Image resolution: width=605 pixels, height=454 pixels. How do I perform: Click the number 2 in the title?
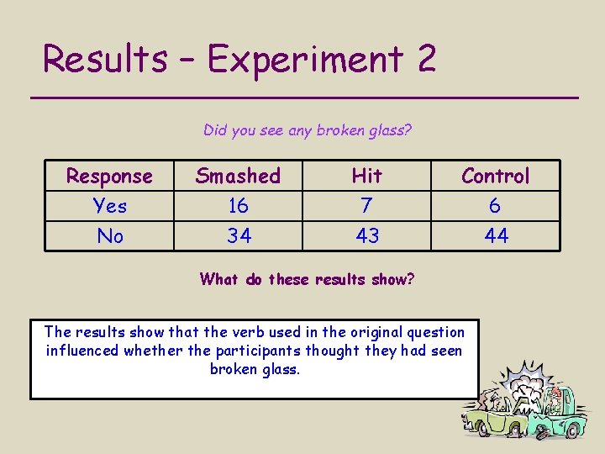[x=425, y=59]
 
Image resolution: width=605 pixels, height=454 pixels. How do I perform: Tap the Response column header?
[x=110, y=177]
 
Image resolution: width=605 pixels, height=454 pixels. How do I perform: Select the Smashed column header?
[x=238, y=176]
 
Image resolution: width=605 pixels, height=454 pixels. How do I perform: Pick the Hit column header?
[x=367, y=176]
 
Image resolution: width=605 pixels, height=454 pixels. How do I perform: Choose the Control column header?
[x=496, y=177]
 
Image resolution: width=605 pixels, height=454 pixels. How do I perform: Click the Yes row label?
[x=110, y=206]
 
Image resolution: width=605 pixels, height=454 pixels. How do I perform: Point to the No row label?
[x=110, y=236]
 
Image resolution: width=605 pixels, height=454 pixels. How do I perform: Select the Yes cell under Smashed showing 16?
[x=239, y=206]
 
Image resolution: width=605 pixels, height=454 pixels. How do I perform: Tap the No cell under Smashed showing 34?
[x=239, y=236]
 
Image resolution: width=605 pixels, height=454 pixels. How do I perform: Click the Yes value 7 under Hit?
[x=367, y=206]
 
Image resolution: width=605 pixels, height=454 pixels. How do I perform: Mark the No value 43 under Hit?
[x=367, y=236]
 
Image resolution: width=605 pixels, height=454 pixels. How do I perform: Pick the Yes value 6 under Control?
[x=496, y=206]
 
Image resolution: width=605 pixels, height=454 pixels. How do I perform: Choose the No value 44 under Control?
[x=496, y=236]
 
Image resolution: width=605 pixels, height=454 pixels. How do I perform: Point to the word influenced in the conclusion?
[x=82, y=351]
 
